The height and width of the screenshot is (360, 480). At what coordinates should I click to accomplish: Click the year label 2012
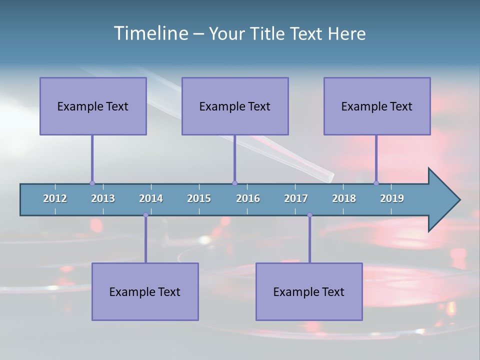click(55, 198)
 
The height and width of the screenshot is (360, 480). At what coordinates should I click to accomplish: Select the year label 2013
click(103, 198)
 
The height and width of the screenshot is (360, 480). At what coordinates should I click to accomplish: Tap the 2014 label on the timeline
click(151, 198)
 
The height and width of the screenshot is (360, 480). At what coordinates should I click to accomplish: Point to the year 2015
click(199, 198)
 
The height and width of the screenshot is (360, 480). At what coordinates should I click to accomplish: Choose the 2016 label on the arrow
click(248, 198)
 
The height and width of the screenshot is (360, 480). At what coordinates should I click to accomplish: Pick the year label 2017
click(296, 198)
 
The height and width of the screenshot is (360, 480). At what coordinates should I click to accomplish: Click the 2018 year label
click(344, 198)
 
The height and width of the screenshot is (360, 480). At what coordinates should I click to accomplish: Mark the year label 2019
click(392, 198)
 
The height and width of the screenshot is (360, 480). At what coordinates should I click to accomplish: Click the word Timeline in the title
click(150, 33)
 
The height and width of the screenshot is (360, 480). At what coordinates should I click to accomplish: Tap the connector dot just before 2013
click(92, 183)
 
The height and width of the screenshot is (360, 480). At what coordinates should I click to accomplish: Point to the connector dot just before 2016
click(234, 183)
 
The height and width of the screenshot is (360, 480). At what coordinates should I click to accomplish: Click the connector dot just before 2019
click(376, 183)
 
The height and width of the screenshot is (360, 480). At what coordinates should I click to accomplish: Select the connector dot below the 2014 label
click(145, 215)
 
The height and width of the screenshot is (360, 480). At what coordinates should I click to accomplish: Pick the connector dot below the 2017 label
click(309, 215)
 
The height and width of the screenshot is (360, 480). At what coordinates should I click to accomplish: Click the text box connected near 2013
click(93, 106)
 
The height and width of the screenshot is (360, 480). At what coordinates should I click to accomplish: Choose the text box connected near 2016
click(235, 106)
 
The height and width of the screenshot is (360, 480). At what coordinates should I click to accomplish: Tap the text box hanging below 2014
click(145, 291)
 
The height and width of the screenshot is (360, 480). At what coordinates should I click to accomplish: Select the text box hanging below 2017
click(309, 291)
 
